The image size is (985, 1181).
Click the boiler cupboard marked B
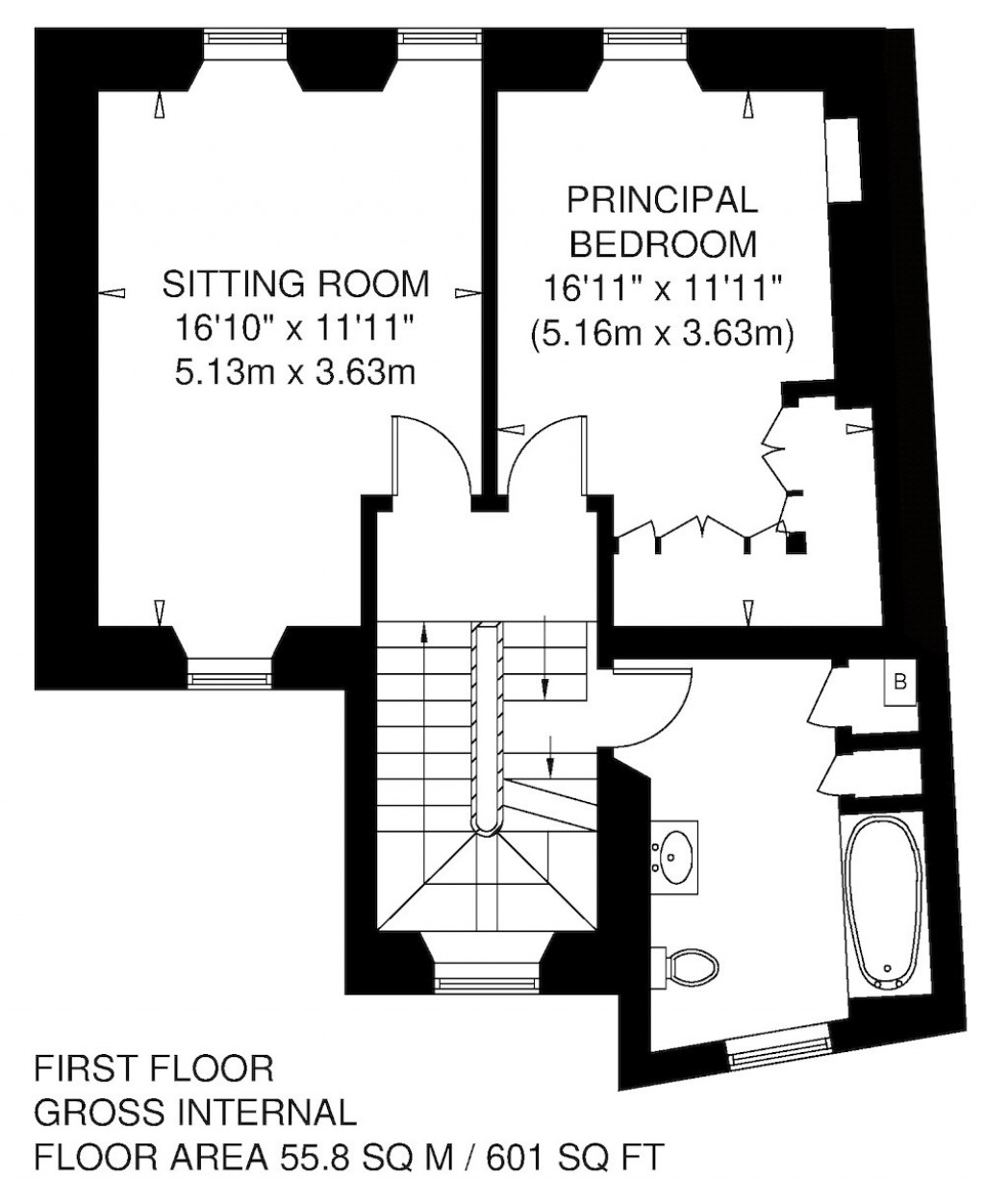pos(899,683)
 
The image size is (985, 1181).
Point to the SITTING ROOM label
pos(295,285)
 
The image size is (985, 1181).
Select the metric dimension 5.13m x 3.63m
pos(295,371)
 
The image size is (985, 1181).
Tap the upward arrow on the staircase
pos(424,632)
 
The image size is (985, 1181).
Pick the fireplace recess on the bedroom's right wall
pos(844,160)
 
